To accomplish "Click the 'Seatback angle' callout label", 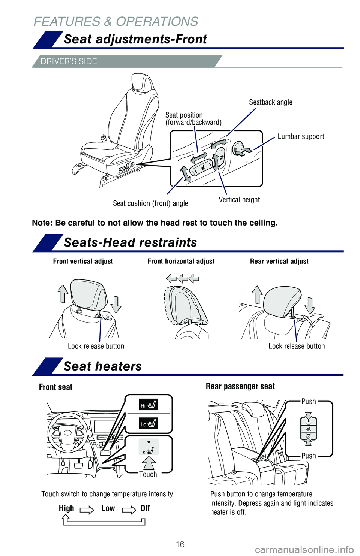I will pos(270,102).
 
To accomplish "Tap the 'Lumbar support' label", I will pos(301,137).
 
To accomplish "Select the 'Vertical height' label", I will pos(239,200).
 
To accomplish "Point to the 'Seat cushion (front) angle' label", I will pos(150,203).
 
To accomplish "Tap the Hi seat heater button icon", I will pos(148,405).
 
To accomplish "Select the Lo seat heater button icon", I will pos(148,424).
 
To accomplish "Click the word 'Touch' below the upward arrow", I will pos(148,474).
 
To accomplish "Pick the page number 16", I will pos(180,544).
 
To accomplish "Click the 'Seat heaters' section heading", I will pos(103,366).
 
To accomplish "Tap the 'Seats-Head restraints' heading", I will pos(130,242).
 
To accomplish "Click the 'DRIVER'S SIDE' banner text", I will pos(69,61).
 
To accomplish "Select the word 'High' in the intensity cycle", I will pos(66,508).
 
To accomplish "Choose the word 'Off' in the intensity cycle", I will pos(145,508).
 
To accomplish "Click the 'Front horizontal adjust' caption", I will pos(181,261).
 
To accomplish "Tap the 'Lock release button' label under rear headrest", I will pos(297,346).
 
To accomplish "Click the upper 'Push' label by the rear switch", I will pos(309,401).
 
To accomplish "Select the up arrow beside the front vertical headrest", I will pos(63,293).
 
